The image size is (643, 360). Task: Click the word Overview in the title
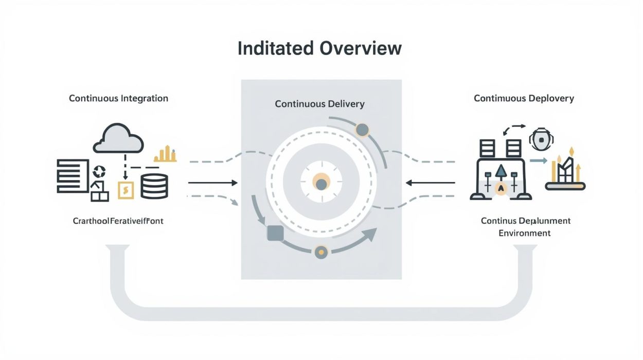tap(360, 48)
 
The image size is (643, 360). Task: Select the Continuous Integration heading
tap(118, 98)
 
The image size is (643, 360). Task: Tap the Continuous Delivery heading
tap(319, 104)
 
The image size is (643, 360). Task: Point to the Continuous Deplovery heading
tap(524, 98)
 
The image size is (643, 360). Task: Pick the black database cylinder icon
tap(154, 186)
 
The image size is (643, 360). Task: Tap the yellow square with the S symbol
tap(126, 190)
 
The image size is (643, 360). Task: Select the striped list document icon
tap(72, 176)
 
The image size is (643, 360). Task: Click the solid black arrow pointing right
tap(212, 183)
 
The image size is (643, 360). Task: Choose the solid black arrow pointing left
tap(430, 183)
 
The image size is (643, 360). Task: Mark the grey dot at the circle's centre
tap(321, 184)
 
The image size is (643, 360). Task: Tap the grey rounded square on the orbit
tap(276, 233)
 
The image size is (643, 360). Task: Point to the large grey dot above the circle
tap(362, 130)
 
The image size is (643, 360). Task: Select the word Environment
tap(525, 233)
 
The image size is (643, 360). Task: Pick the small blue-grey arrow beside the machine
tap(538, 161)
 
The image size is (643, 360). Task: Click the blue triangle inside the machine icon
tap(499, 171)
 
